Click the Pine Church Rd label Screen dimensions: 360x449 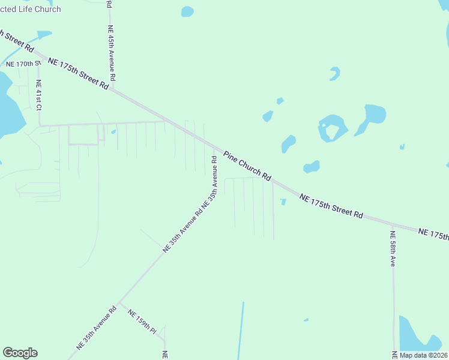point(247,166)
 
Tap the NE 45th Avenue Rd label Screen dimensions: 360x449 point(111,53)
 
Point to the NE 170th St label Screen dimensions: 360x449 point(23,64)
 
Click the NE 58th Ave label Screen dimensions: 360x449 point(393,249)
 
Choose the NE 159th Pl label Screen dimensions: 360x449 point(142,322)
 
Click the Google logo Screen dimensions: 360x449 point(20,353)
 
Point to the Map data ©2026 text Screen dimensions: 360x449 point(423,355)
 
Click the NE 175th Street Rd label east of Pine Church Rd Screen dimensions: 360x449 point(332,206)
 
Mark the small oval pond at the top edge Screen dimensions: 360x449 point(187,11)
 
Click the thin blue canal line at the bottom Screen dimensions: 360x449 point(241,330)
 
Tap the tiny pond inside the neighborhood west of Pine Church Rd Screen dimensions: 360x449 point(113,132)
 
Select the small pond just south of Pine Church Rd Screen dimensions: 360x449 point(283,202)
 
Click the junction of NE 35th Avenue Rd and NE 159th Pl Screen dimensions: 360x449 point(119,303)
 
